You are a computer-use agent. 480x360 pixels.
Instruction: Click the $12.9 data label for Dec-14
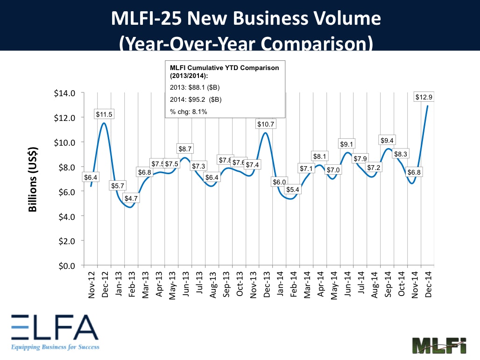(x=424, y=97)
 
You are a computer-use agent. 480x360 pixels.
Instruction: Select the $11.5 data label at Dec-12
(x=104, y=114)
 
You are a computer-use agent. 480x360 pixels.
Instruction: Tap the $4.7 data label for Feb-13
(x=131, y=198)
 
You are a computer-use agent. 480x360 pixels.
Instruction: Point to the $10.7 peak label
(x=266, y=124)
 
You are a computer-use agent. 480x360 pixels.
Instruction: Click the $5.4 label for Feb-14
(x=292, y=190)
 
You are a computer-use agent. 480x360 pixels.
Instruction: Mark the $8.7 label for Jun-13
(x=185, y=149)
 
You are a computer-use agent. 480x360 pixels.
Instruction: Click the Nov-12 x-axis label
(x=91, y=284)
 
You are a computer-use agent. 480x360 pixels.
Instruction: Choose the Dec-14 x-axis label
(x=428, y=284)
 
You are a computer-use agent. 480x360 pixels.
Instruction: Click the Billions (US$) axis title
(x=33, y=180)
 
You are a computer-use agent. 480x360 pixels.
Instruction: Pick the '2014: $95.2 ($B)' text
(x=196, y=99)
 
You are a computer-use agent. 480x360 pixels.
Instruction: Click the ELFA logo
(x=55, y=332)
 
